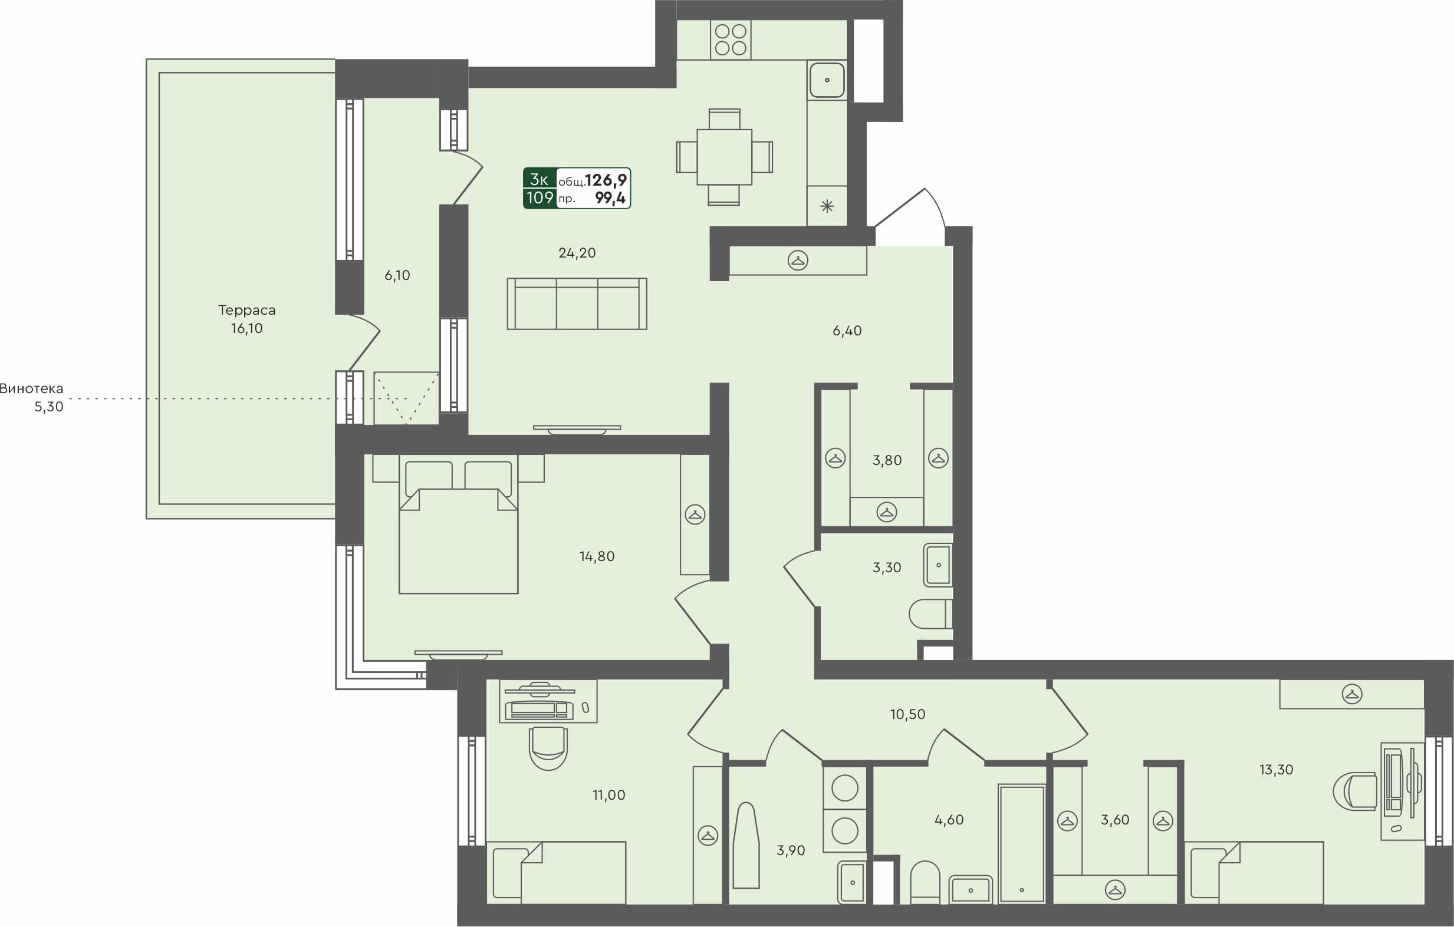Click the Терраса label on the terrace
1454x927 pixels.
click(246, 310)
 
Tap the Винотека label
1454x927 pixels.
click(31, 389)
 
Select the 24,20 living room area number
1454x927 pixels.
click(577, 253)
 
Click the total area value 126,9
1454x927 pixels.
click(606, 180)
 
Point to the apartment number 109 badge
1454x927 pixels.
click(540, 197)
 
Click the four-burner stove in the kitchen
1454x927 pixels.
click(730, 40)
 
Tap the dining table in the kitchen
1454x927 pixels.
click(724, 157)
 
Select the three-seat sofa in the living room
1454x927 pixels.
click(577, 303)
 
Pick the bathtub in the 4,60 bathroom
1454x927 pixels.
click(1021, 843)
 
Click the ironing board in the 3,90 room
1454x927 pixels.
click(746, 846)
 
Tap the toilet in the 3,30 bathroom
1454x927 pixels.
click(929, 613)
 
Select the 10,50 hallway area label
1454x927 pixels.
click(907, 715)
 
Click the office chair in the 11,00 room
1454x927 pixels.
click(548, 748)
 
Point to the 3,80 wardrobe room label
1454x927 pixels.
click(886, 460)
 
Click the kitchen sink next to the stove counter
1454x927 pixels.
click(827, 80)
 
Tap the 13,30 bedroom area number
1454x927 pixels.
click(1276, 770)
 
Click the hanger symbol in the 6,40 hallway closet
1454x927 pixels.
click(798, 260)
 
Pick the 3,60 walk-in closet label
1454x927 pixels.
click(1114, 820)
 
